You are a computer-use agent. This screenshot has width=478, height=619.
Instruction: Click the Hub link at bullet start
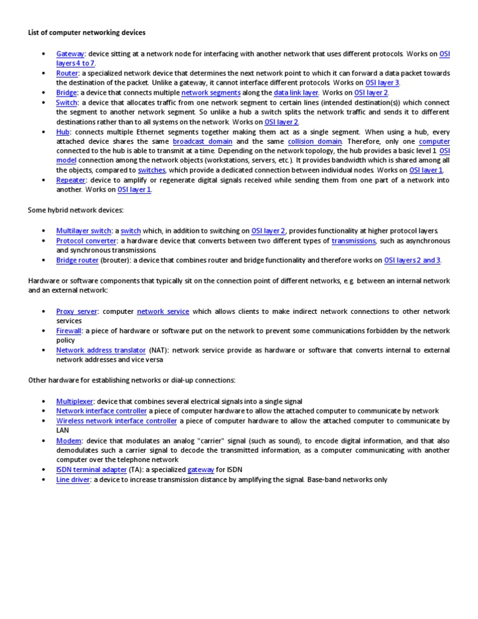(x=63, y=132)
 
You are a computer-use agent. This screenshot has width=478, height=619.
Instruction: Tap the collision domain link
(x=315, y=141)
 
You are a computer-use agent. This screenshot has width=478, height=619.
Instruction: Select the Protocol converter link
(x=87, y=240)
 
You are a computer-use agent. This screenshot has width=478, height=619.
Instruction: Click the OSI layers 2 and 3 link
(x=413, y=260)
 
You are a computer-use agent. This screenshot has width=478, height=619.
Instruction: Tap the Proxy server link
(x=77, y=311)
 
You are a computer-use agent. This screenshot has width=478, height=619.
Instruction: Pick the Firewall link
(x=69, y=331)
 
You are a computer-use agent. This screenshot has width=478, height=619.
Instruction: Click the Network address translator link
(x=101, y=351)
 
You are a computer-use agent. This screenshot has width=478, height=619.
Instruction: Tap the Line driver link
(x=73, y=480)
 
